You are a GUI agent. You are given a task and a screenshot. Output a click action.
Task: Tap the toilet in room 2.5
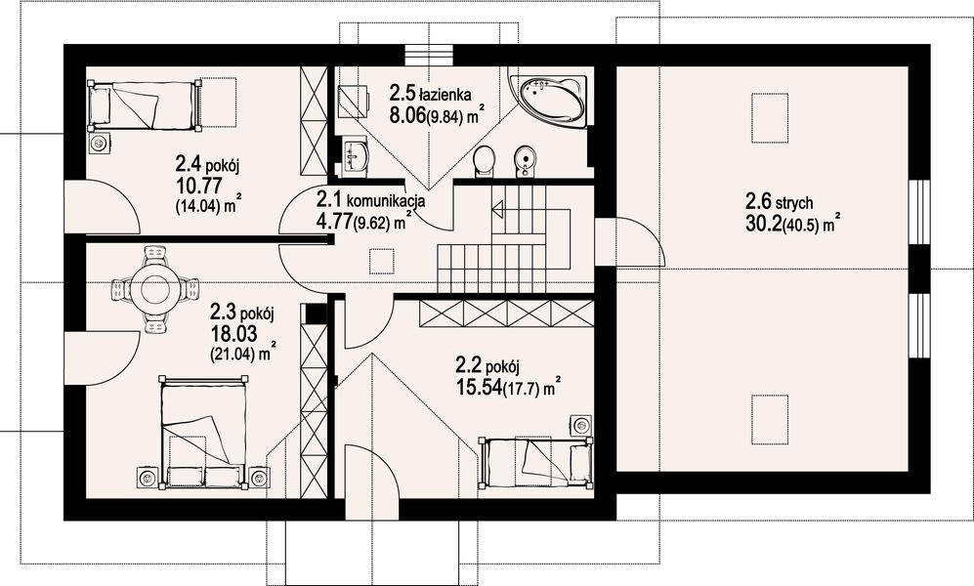(x=484, y=160)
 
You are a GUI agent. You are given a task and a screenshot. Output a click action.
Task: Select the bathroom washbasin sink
(x=356, y=155)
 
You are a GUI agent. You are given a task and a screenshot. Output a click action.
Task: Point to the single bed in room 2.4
(x=145, y=105)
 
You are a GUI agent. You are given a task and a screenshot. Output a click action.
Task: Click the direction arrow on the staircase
(x=498, y=208)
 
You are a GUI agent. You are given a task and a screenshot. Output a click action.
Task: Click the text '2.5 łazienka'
(x=431, y=94)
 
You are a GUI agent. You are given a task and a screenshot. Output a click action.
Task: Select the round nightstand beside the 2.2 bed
(x=582, y=426)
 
